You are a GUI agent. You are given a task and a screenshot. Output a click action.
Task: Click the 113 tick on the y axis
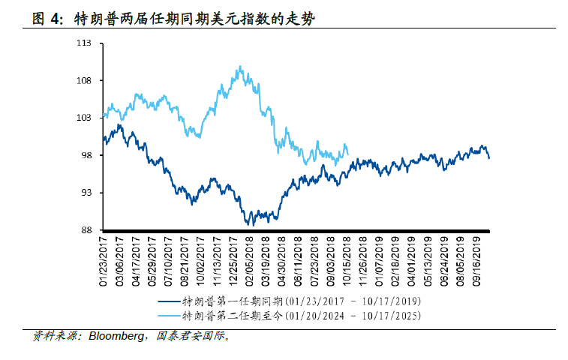click(x=84, y=43)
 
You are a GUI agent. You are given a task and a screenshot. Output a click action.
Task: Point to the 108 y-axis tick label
click(x=84, y=81)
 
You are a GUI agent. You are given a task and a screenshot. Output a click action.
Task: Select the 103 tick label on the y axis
click(x=84, y=118)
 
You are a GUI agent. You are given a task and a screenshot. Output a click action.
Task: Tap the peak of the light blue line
click(x=239, y=66)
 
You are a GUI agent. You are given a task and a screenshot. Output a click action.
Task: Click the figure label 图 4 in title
click(x=49, y=20)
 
